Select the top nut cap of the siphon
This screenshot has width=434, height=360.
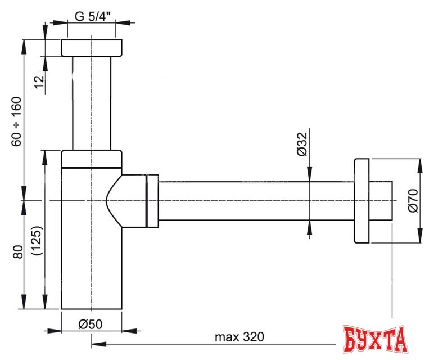(x=91, y=48)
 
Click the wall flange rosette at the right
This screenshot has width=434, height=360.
(x=361, y=201)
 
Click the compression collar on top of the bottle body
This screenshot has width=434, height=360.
(x=91, y=159)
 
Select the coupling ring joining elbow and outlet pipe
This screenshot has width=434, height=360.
(x=152, y=201)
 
